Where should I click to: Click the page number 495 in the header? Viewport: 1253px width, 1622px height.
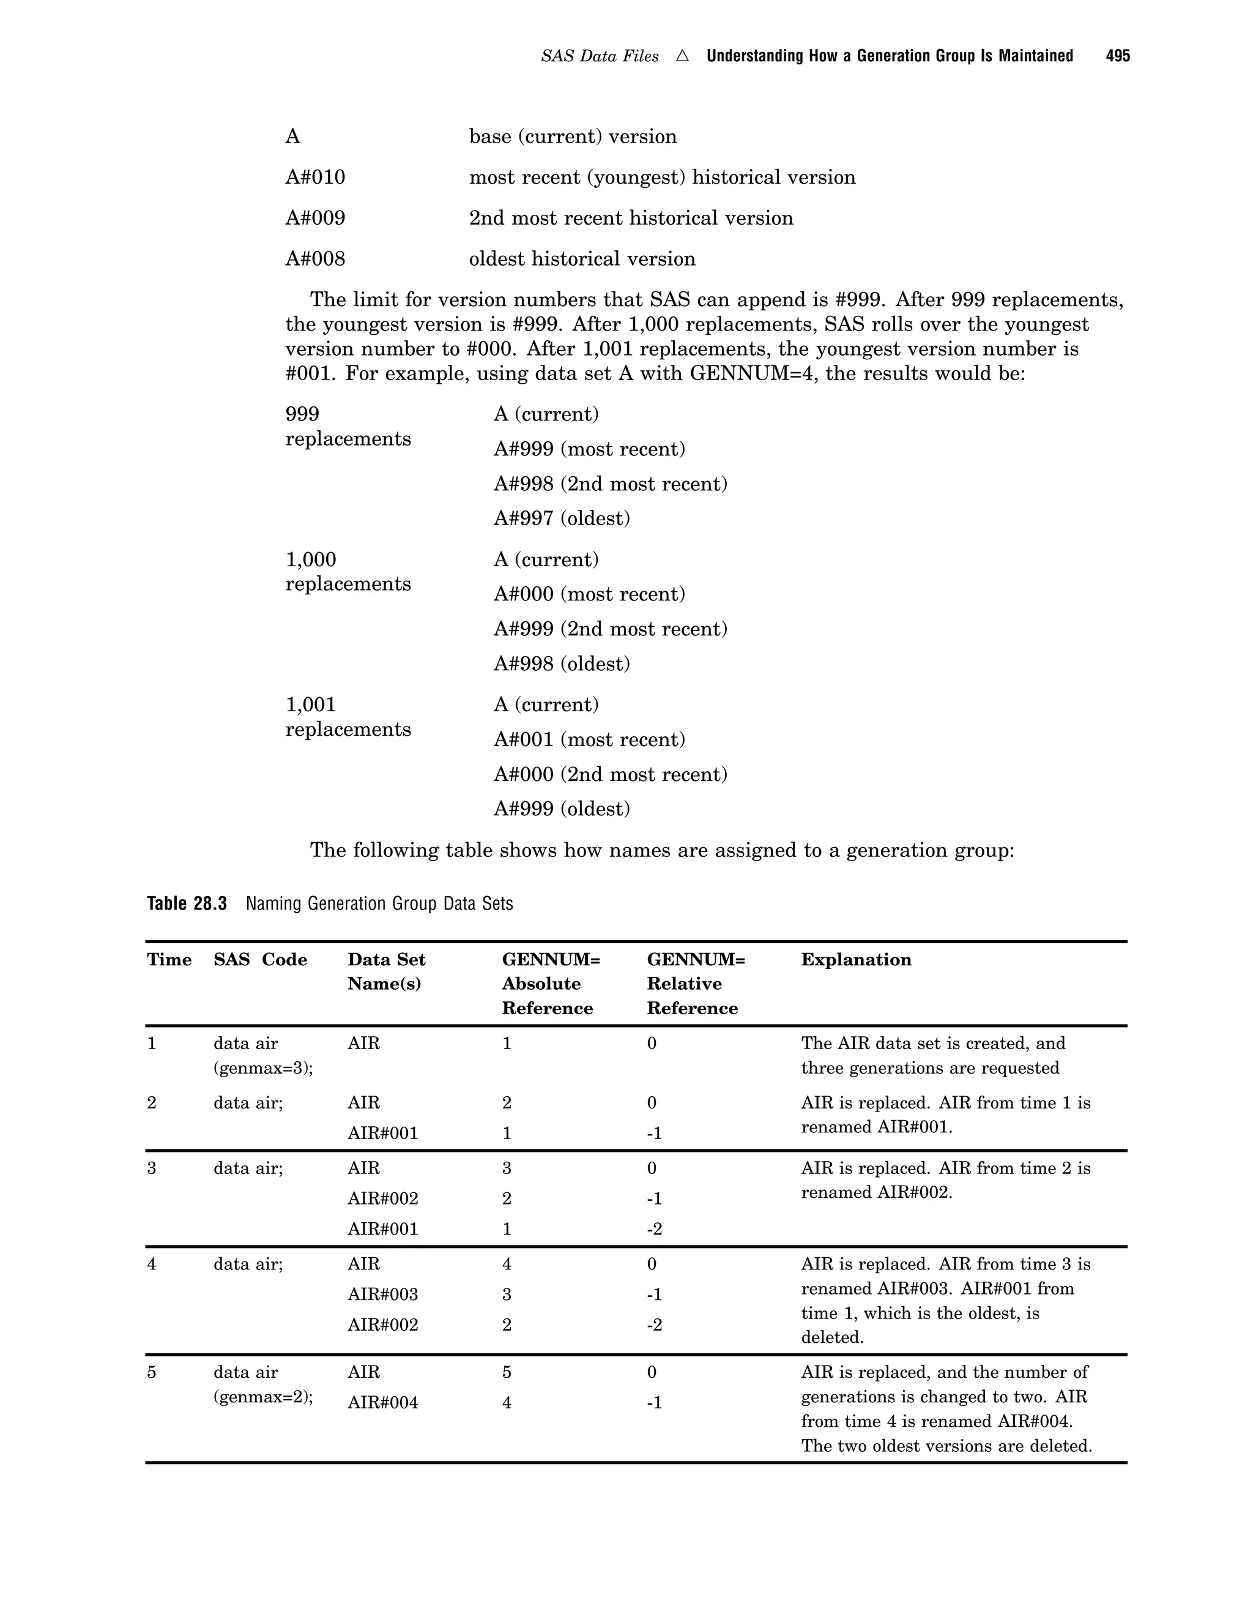pos(1117,56)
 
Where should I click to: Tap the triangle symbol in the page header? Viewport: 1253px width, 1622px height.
pos(682,56)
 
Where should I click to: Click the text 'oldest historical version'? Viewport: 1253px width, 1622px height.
pos(582,259)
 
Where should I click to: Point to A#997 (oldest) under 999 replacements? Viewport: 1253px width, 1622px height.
pos(561,518)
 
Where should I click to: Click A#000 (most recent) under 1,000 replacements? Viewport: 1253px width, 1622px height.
pos(589,594)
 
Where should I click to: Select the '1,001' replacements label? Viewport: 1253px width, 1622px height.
pos(310,704)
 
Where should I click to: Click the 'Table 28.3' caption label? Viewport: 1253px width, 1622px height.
pos(187,904)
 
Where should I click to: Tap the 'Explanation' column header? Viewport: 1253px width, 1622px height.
pos(855,960)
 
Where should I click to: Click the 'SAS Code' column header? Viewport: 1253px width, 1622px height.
pos(260,960)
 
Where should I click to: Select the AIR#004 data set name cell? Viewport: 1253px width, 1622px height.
pos(382,1403)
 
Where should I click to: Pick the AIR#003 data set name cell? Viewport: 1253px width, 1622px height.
pos(382,1295)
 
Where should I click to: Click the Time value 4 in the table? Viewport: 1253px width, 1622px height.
pos(152,1264)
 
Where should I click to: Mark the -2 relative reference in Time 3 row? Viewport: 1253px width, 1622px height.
pos(654,1229)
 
